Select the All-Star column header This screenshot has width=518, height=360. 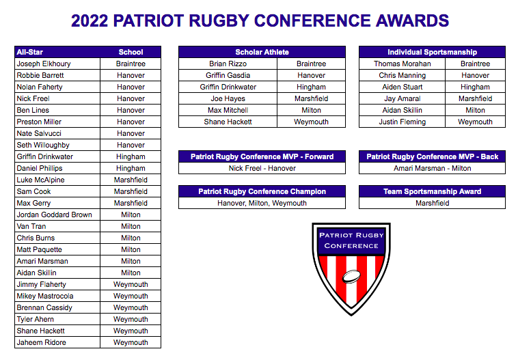[30, 52]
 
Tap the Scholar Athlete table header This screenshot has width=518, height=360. [262, 52]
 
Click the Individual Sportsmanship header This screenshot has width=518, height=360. [432, 52]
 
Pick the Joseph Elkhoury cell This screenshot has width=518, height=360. [44, 64]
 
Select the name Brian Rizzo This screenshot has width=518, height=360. [227, 64]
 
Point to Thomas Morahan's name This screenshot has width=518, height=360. [402, 64]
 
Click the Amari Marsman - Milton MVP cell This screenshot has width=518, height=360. [432, 168]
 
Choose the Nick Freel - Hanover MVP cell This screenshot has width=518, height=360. [262, 168]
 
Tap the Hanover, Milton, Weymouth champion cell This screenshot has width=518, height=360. [262, 203]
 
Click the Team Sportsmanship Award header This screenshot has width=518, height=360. [432, 191]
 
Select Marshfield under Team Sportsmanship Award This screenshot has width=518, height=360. [432, 203]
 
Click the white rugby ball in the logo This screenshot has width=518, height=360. [351, 277]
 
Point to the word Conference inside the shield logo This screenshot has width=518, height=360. [351, 246]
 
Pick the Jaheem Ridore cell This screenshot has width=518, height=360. [42, 342]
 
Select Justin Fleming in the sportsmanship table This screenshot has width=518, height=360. [402, 122]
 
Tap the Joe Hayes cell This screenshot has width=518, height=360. [227, 98]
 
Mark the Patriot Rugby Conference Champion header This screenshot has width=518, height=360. [262, 191]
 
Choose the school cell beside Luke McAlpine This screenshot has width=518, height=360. [131, 180]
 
